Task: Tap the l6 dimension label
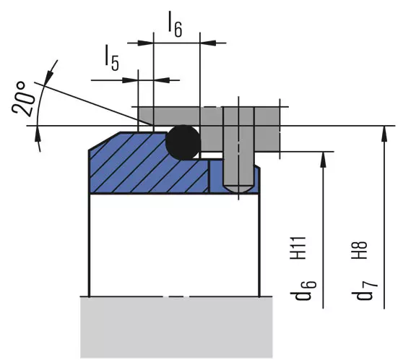point(176,25)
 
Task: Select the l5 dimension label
point(112,58)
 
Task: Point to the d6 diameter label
point(303,291)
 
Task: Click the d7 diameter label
point(365,291)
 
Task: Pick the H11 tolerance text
point(298,248)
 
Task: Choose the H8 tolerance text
point(359,249)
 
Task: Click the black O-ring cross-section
point(183,142)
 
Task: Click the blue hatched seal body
point(142,168)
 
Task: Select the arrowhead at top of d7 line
point(384,133)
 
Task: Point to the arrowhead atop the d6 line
point(323,159)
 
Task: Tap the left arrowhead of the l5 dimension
point(130,80)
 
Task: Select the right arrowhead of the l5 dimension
point(162,80)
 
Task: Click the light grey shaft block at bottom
point(176,327)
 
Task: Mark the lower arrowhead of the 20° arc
point(38,133)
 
